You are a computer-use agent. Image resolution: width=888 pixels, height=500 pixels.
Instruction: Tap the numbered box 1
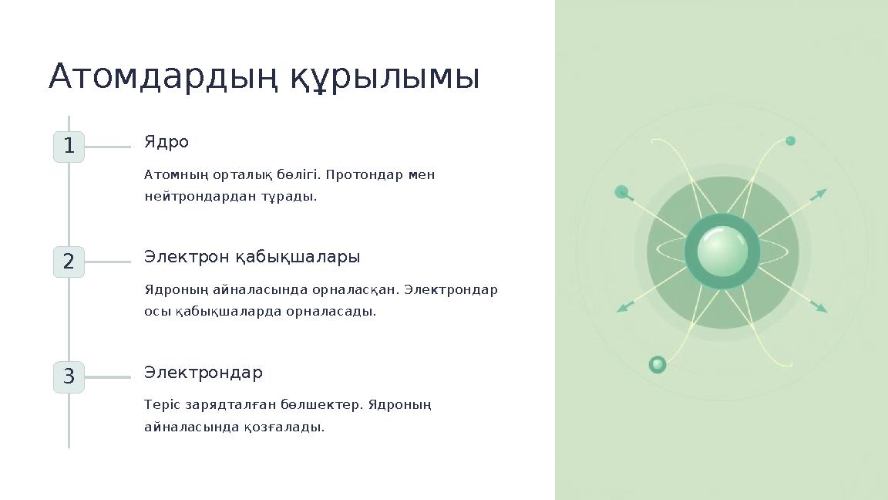point(69,147)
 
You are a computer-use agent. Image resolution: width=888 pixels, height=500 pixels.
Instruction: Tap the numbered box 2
point(69,262)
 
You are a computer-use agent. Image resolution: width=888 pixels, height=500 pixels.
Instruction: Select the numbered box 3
point(69,377)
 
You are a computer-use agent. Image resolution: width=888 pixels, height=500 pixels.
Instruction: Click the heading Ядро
point(166,143)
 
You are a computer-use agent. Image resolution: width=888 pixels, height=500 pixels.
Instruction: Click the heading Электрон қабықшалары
point(252,257)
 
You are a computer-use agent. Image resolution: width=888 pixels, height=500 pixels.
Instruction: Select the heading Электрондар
point(203,373)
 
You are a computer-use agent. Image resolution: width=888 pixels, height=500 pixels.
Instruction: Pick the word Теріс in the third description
point(160,405)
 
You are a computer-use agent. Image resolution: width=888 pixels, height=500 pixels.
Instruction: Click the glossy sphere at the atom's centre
point(722,252)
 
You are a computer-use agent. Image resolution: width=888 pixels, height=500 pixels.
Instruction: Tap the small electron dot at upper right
point(790,141)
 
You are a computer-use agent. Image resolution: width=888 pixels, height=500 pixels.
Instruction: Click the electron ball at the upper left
point(621,192)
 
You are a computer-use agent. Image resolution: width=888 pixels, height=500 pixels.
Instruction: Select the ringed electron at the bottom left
point(658,364)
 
